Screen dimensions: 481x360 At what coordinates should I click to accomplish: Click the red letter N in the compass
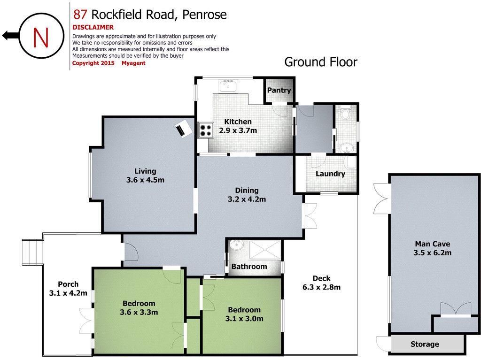[x=41, y=37]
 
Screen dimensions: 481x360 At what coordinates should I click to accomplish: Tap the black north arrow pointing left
[x=11, y=36]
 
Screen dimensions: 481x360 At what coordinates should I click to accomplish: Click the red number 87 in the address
[x=80, y=15]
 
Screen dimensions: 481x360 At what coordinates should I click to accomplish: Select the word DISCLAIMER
[x=93, y=27]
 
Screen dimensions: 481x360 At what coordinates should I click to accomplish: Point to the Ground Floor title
[x=320, y=62]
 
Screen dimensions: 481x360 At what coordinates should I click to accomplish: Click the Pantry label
[x=279, y=90]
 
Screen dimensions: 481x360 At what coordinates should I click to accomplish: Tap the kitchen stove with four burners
[x=206, y=130]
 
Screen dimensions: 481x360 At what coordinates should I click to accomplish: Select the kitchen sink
[x=228, y=85]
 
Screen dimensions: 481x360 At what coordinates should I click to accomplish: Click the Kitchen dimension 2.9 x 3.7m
[x=238, y=130]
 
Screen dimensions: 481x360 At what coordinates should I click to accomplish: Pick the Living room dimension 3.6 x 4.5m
[x=145, y=180]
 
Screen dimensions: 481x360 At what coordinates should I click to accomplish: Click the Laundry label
[x=330, y=174]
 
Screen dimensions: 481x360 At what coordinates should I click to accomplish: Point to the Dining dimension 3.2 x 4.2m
[x=247, y=199]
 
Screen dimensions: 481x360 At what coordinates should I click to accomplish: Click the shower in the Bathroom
[x=265, y=250]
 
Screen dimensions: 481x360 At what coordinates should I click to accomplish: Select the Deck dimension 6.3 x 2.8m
[x=321, y=287]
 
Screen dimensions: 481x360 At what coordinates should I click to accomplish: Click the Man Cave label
[x=433, y=244]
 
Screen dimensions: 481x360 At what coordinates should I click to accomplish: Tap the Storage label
[x=425, y=344]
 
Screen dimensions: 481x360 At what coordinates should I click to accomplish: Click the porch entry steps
[x=32, y=252]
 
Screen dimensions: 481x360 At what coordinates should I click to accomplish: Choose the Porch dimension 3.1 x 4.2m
[x=68, y=293]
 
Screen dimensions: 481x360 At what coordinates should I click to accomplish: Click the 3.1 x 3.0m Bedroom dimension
[x=244, y=319]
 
